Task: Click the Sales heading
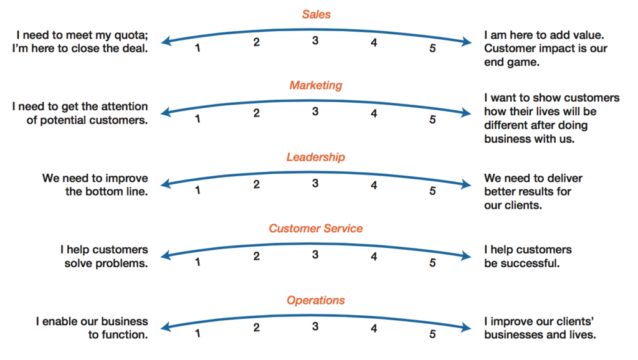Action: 316,14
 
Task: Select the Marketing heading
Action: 316,85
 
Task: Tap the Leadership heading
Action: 316,157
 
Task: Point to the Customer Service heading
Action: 316,229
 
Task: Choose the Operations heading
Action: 316,301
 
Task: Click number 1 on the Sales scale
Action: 198,48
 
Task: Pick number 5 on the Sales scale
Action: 432,49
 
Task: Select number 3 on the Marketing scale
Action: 315,111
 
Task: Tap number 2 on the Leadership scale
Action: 256,185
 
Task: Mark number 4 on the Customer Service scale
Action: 374,257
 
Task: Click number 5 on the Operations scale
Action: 432,334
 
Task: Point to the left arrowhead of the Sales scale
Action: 164,41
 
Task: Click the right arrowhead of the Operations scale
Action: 467,327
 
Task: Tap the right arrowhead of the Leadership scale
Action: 467,184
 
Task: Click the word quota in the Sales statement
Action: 131,36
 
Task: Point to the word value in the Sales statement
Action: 588,36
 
